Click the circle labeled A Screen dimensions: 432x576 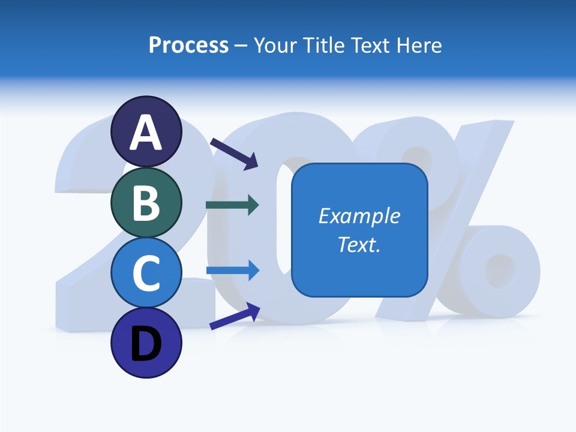coord(146,132)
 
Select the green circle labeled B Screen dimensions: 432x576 coord(146,202)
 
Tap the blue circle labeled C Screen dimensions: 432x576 coord(146,273)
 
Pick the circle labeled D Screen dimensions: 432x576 coord(146,343)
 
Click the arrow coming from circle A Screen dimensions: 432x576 coord(233,153)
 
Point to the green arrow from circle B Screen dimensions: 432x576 coord(232,205)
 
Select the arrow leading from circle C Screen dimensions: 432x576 coord(232,270)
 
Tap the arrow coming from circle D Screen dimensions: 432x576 coord(234,316)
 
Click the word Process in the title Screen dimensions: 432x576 coord(188,46)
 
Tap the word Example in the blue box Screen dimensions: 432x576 coord(359,216)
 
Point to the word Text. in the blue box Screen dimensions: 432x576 coord(359,244)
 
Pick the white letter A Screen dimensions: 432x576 coord(146,133)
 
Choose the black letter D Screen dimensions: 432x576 coord(146,344)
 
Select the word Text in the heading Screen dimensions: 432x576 coord(370,46)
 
